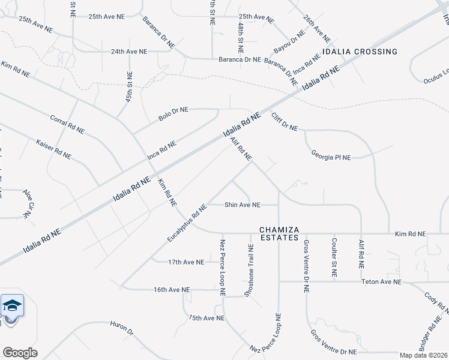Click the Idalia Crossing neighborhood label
click(x=360, y=52)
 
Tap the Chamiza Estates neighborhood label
click(x=279, y=233)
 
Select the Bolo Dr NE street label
click(x=173, y=114)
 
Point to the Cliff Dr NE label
click(x=285, y=122)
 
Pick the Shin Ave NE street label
click(x=243, y=205)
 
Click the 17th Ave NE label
click(x=186, y=262)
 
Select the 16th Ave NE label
click(x=172, y=289)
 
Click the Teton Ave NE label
click(x=381, y=281)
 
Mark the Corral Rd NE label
click(x=67, y=124)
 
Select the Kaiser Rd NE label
click(x=53, y=149)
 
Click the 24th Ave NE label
click(x=129, y=52)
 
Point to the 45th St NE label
click(x=129, y=86)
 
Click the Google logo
click(x=20, y=352)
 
